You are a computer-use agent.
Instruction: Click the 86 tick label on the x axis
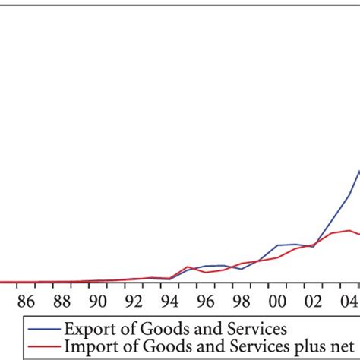pos(26,301)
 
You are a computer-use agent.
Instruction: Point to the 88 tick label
pos(62,301)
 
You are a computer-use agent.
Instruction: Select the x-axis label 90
pos(97,301)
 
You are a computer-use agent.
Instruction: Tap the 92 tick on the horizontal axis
pos(134,301)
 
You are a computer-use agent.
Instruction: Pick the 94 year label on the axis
pos(169,301)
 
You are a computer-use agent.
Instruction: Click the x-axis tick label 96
pos(205,301)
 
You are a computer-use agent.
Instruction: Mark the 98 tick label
pos(241,301)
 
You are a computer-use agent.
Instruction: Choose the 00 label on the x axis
pos(277,301)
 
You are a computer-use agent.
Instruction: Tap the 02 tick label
pos(313,301)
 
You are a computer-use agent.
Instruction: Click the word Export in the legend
pos(87,330)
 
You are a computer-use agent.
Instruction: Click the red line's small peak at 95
pos(188,267)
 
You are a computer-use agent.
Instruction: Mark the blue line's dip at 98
pos(242,269)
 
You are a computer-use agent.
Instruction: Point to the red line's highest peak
pos(349,230)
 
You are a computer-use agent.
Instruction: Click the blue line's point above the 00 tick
pos(277,245)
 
